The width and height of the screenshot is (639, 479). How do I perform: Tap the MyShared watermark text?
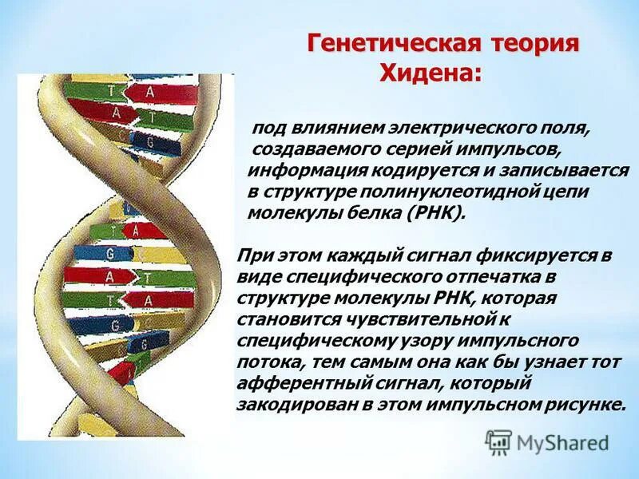562,442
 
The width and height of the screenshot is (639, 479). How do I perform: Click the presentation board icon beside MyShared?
498,441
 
